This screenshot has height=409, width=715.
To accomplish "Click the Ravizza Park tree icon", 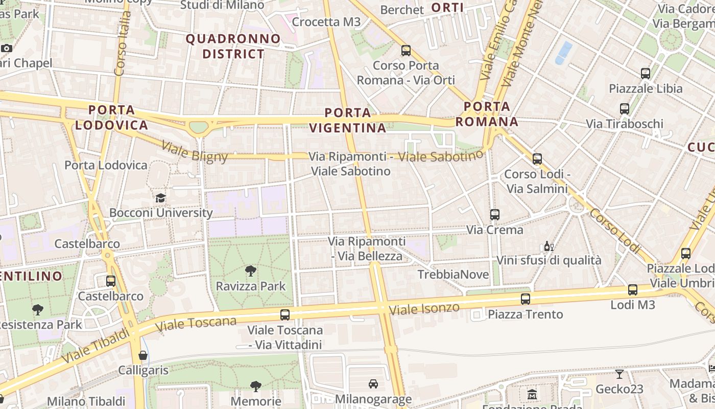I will [x=250, y=270].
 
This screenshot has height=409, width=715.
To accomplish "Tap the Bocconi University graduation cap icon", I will [x=161, y=198].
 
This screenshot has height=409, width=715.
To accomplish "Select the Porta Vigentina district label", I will [x=348, y=120].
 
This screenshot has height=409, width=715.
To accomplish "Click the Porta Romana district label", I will [x=487, y=114].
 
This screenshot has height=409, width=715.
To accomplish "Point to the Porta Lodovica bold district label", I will [x=112, y=117].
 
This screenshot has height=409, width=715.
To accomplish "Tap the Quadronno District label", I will [x=233, y=46].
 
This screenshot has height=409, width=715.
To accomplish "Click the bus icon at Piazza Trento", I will [x=526, y=299].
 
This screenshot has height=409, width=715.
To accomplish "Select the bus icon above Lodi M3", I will [x=633, y=290].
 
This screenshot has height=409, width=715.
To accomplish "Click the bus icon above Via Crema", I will [x=494, y=215].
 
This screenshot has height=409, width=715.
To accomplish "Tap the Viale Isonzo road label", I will [x=424, y=308].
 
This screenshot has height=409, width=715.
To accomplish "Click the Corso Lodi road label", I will [x=614, y=231].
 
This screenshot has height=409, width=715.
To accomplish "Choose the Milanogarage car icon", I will [x=373, y=383].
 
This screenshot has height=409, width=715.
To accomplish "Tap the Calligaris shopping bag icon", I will [x=143, y=355].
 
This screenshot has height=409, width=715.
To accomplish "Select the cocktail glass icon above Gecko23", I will [x=619, y=374].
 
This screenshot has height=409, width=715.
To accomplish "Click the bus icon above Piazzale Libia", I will [x=646, y=74].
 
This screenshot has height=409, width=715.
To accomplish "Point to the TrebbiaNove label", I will [x=449, y=275].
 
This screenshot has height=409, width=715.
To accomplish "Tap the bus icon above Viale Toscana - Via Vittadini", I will [x=285, y=315].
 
